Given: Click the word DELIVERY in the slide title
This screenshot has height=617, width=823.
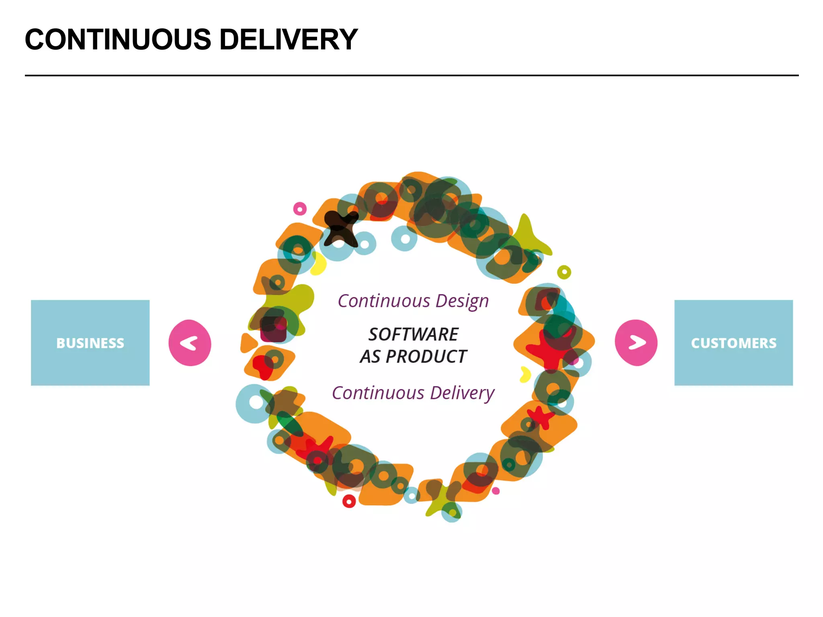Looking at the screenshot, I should [x=289, y=40].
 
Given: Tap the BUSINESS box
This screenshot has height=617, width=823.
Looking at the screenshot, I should [x=90, y=343].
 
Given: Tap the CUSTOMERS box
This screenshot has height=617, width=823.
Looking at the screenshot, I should [x=733, y=343].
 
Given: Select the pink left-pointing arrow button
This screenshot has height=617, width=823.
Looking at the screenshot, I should [x=190, y=343].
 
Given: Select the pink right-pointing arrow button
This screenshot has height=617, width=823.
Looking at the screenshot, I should [x=636, y=343].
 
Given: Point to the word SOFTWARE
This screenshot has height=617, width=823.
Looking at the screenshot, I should [x=413, y=334].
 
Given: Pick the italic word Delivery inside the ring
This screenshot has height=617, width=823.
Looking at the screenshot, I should [x=462, y=393].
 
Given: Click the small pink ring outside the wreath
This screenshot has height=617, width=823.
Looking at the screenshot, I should [x=300, y=209].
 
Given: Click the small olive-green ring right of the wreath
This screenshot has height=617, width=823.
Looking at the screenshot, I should [x=564, y=272].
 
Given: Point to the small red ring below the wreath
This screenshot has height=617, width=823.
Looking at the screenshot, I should [x=349, y=501].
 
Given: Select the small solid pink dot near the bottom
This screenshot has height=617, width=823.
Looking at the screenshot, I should [x=496, y=491].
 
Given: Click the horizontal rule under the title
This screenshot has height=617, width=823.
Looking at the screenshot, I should [x=411, y=75].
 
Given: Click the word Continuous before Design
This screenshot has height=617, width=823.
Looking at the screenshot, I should [x=384, y=301].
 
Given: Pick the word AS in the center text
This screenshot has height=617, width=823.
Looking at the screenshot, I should [x=370, y=357].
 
